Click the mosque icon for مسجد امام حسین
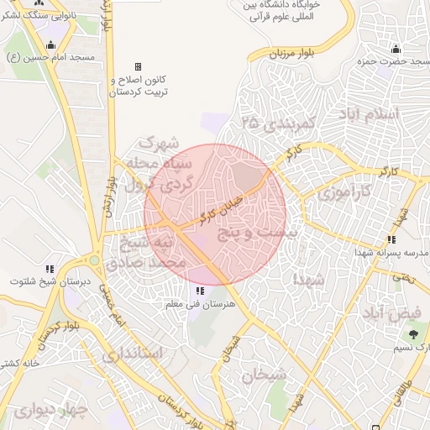51,45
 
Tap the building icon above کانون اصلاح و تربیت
139,67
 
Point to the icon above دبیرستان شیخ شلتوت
50,268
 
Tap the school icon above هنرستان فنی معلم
199,291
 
